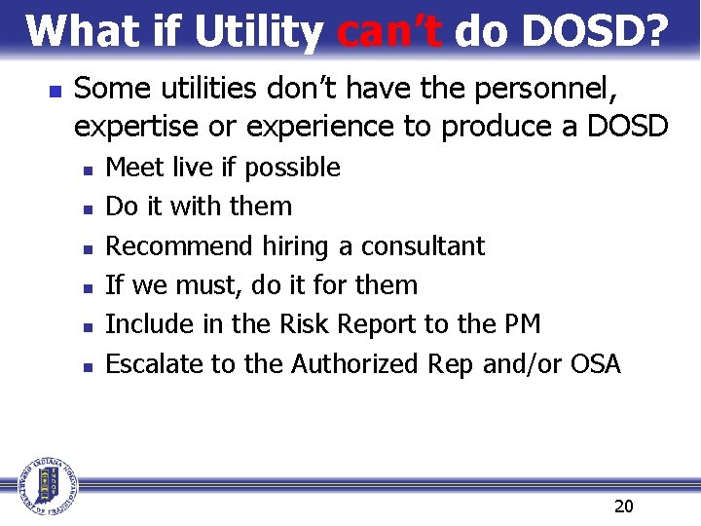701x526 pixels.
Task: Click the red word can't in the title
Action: [389, 31]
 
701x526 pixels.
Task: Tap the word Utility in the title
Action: [258, 33]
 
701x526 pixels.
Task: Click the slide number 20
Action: [624, 506]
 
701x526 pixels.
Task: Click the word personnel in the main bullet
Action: [548, 90]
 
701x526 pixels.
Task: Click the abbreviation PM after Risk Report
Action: [523, 324]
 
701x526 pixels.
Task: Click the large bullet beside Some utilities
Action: [55, 92]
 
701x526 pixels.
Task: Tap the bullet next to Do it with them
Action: [88, 208]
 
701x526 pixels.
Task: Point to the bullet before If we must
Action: [88, 287]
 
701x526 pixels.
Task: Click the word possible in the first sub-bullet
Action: [292, 169]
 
